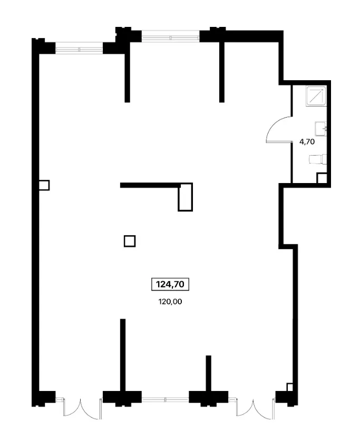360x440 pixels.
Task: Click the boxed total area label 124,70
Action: tap(170, 284)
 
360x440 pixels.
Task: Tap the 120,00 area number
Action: tap(170, 302)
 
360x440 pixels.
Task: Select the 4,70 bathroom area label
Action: tap(307, 142)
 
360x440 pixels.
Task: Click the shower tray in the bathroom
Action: tap(316, 96)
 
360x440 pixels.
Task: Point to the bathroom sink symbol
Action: tap(321, 129)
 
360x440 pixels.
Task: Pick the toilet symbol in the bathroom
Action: tap(318, 159)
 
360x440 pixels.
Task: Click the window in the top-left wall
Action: tap(80, 50)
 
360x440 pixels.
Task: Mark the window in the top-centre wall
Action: tap(170, 36)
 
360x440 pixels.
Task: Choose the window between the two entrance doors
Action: tap(165, 399)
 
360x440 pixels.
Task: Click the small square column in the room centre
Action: tap(130, 241)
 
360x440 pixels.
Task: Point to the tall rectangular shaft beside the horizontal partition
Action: tap(186, 197)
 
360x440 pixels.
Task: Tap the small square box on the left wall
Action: tap(44, 185)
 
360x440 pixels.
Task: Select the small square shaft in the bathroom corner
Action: tap(322, 178)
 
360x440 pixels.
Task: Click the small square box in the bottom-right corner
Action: tap(290, 387)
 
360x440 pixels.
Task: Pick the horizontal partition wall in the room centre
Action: tap(150, 185)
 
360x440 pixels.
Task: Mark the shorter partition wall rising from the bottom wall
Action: tap(208, 373)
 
